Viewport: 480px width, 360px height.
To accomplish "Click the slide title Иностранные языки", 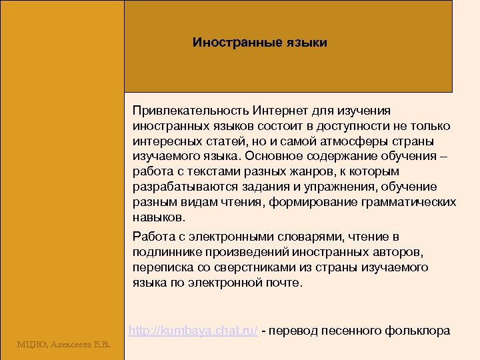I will (x=260, y=43).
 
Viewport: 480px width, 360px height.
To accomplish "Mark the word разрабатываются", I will (x=177, y=187).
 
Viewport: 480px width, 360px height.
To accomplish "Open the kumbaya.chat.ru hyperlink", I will (x=193, y=331).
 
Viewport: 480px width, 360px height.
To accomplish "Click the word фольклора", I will (x=421, y=331).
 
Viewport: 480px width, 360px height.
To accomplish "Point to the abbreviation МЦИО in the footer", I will (x=30, y=344).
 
